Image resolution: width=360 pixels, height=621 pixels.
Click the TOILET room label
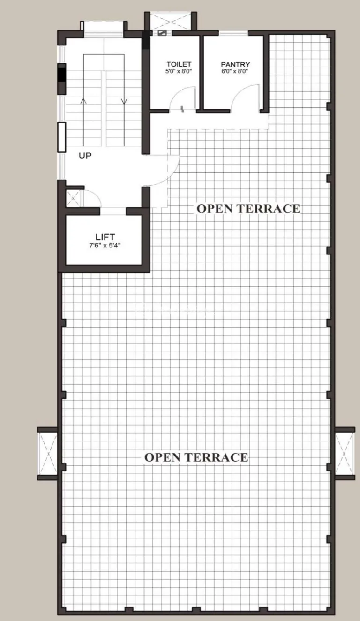click(179, 64)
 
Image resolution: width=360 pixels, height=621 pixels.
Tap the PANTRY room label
click(235, 64)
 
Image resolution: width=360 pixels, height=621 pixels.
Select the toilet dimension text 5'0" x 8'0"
click(179, 71)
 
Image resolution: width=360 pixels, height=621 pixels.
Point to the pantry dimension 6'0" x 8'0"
click(235, 71)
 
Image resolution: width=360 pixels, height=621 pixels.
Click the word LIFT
click(105, 237)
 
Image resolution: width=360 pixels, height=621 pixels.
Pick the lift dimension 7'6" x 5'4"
click(105, 245)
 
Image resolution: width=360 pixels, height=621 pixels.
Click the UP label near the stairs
click(85, 156)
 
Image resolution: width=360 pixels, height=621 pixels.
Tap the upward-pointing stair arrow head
click(83, 101)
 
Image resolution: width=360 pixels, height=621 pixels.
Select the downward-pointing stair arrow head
click(124, 101)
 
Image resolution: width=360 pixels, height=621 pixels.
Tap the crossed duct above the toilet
click(171, 21)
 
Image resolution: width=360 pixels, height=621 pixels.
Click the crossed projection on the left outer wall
click(48, 454)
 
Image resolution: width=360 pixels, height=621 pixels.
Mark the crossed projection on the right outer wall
click(345, 454)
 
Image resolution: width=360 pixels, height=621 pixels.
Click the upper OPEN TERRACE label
click(248, 209)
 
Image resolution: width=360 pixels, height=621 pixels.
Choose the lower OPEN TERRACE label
click(196, 457)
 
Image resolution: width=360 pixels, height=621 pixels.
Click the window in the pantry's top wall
click(233, 33)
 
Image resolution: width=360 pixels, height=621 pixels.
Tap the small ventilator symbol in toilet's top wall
click(162, 33)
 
